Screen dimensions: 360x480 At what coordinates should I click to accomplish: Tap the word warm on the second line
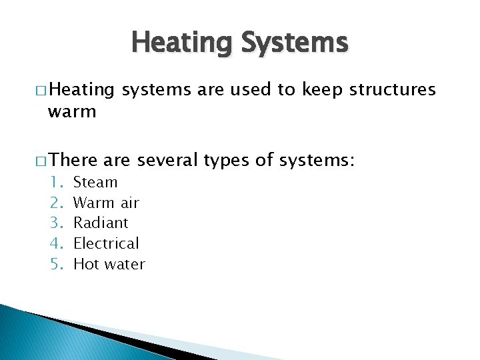tap(72, 111)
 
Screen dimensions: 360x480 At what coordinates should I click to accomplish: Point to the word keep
tap(319, 89)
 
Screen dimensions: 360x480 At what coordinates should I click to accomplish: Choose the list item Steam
tap(95, 182)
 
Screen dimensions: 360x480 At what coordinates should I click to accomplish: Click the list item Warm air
tap(106, 203)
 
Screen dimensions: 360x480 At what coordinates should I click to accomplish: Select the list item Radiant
tap(101, 223)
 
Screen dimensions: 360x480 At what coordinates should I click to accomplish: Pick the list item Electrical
tap(106, 243)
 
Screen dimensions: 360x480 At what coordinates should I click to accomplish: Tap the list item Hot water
tap(109, 264)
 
